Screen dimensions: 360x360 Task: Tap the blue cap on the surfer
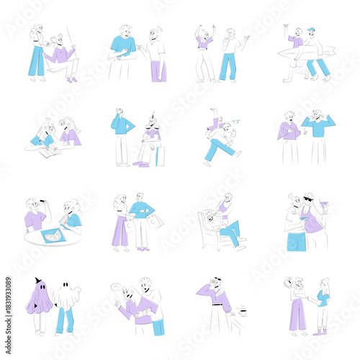tap(310, 30)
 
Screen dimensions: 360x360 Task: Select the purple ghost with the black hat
tap(39, 298)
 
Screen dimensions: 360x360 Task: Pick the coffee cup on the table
tap(246, 314)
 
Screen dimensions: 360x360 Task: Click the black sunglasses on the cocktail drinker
tap(309, 199)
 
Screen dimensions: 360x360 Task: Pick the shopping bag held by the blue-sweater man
tap(155, 222)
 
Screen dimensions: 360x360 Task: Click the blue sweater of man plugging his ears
tap(319, 127)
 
